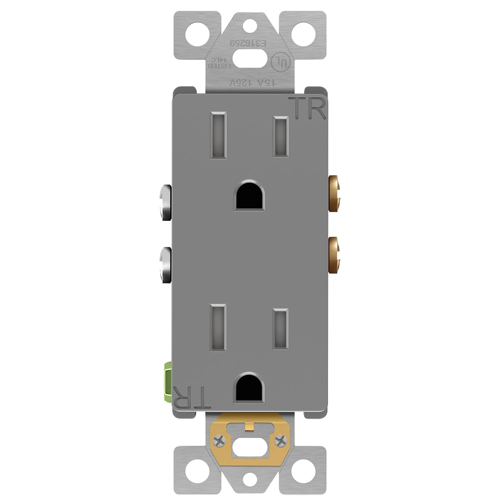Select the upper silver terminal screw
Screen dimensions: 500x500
point(166,203)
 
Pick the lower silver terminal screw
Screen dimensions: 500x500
point(166,265)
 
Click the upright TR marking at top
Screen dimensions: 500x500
point(309,108)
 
